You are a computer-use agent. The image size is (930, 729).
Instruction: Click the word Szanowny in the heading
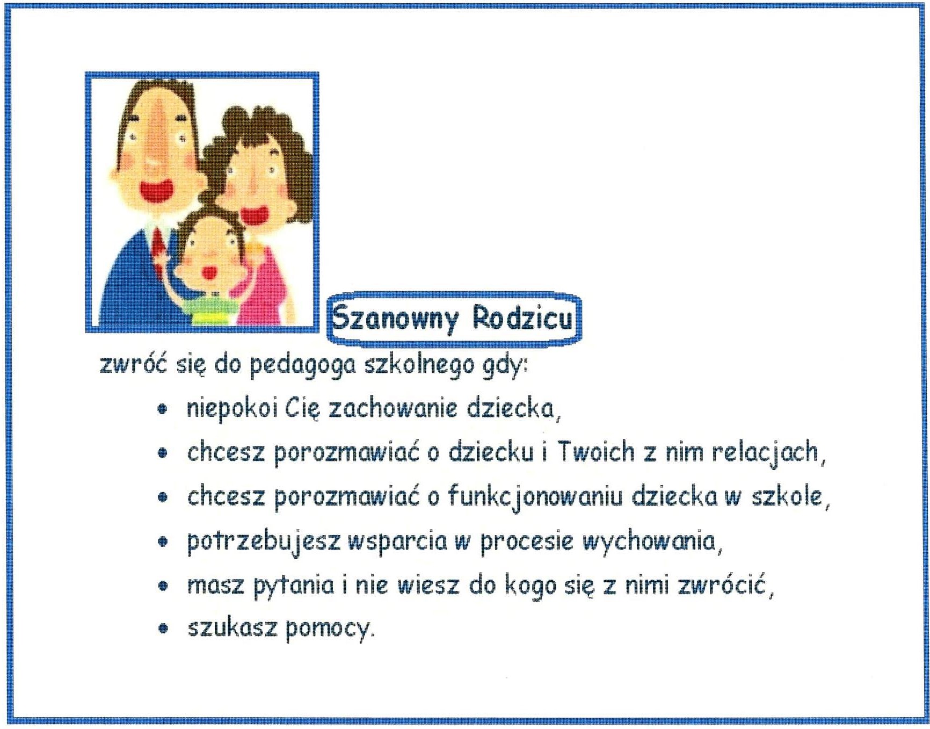click(395, 318)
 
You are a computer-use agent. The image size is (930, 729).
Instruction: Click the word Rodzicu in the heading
click(522, 317)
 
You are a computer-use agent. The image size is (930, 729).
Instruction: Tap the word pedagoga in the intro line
click(303, 365)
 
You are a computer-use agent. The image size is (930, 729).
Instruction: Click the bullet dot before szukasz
click(163, 628)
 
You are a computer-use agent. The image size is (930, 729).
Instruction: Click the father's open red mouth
click(156, 191)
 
